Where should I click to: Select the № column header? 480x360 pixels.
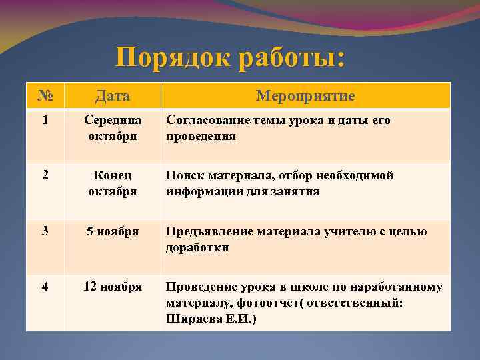[45, 96]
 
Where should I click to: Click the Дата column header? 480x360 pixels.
[113, 96]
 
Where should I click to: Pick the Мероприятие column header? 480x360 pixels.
[305, 96]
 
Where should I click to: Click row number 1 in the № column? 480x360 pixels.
[45, 121]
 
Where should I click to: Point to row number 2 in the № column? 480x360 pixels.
[45, 176]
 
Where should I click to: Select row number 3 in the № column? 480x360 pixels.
[45, 232]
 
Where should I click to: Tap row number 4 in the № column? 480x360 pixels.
[45, 287]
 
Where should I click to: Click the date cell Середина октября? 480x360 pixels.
[113, 128]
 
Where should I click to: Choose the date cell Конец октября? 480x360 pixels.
[113, 183]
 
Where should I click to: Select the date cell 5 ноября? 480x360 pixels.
[113, 232]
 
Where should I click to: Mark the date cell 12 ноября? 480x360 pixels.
[113, 287]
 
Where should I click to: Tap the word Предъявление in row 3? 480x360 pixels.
[208, 232]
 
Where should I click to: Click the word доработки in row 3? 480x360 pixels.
[197, 247]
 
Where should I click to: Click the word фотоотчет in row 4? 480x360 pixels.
[254, 303]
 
